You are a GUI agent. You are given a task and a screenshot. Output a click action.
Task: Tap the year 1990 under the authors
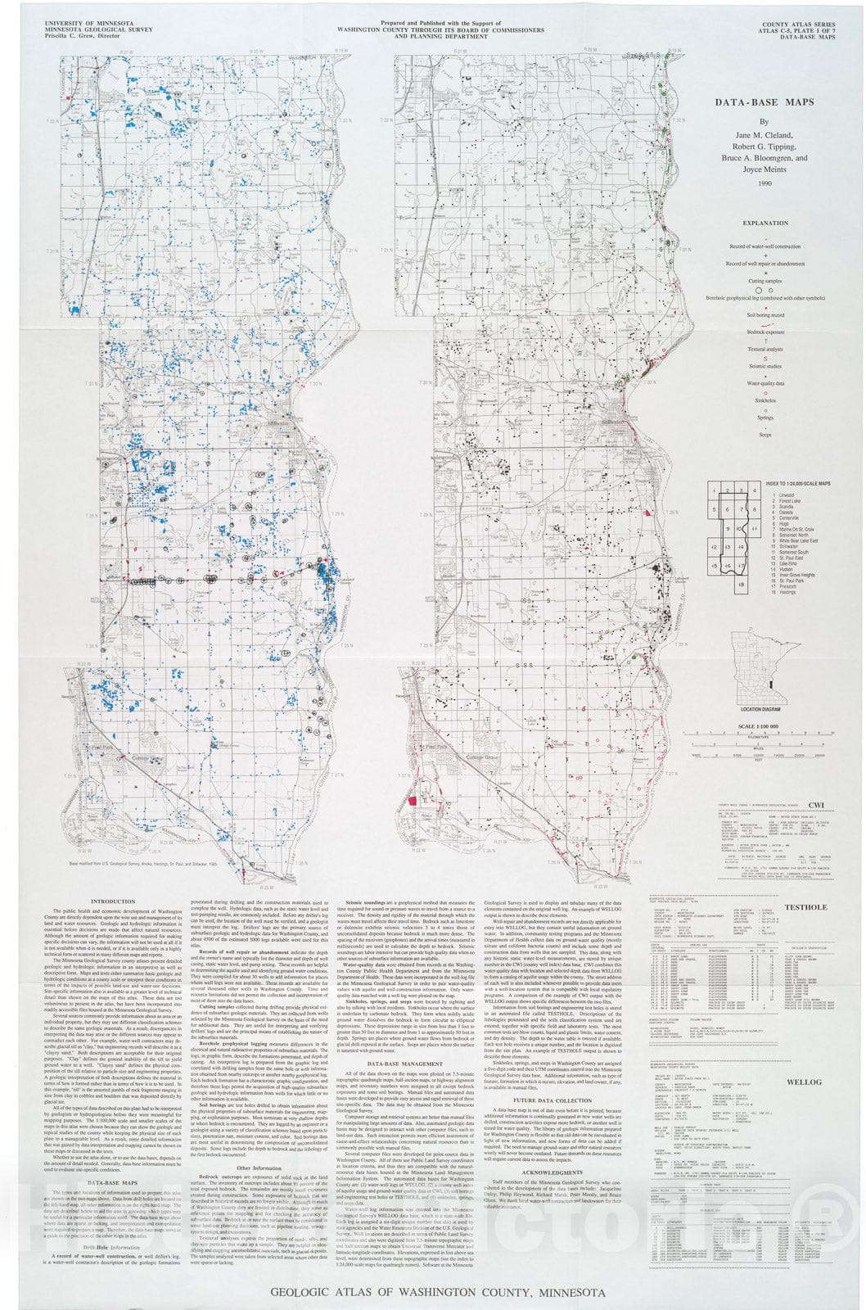765,183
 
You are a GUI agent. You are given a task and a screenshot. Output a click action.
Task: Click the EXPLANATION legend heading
765,223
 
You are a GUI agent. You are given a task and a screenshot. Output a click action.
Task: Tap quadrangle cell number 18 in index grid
741,585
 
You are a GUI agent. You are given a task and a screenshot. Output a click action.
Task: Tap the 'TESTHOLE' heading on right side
805,907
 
